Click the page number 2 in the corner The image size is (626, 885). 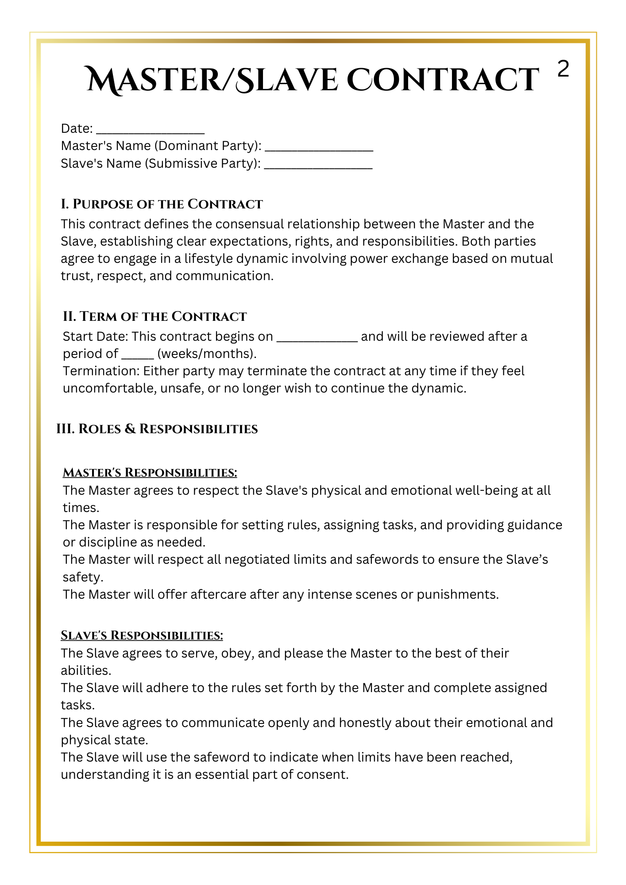click(563, 69)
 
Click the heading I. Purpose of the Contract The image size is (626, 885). click(162, 204)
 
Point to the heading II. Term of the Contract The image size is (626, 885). click(155, 316)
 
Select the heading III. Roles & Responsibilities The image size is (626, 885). click(157, 429)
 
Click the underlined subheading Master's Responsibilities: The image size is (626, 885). click(150, 473)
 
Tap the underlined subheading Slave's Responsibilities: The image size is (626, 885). click(142, 635)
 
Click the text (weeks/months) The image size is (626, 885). click(207, 354)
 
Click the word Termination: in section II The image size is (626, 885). click(101, 371)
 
